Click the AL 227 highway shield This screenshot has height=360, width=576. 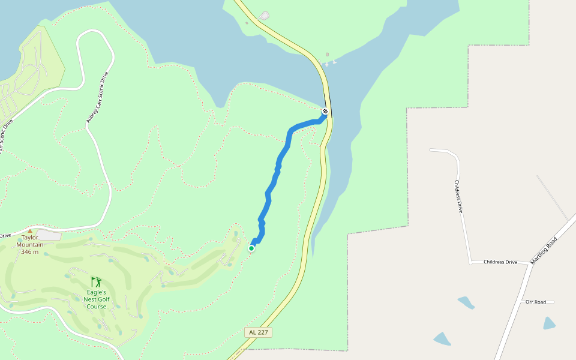pos(259,332)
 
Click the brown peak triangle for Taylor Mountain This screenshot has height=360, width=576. pos(29,230)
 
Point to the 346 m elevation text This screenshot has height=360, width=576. pos(30,251)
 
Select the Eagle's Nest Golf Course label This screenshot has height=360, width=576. pos(96,299)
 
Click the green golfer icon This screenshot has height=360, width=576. pos(96,281)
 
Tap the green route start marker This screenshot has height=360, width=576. pos(251,248)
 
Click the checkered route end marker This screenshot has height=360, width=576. pos(325,112)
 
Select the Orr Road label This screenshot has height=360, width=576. pos(536,302)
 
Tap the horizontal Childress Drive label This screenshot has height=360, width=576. pos(500,262)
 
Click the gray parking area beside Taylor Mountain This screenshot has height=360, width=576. pos(49,235)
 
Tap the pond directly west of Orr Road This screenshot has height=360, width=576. pos(466,302)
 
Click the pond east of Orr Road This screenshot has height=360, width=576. pos(549,323)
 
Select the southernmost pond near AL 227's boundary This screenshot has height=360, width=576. pos(443,339)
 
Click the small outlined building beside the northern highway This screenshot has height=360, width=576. pos(265,16)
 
